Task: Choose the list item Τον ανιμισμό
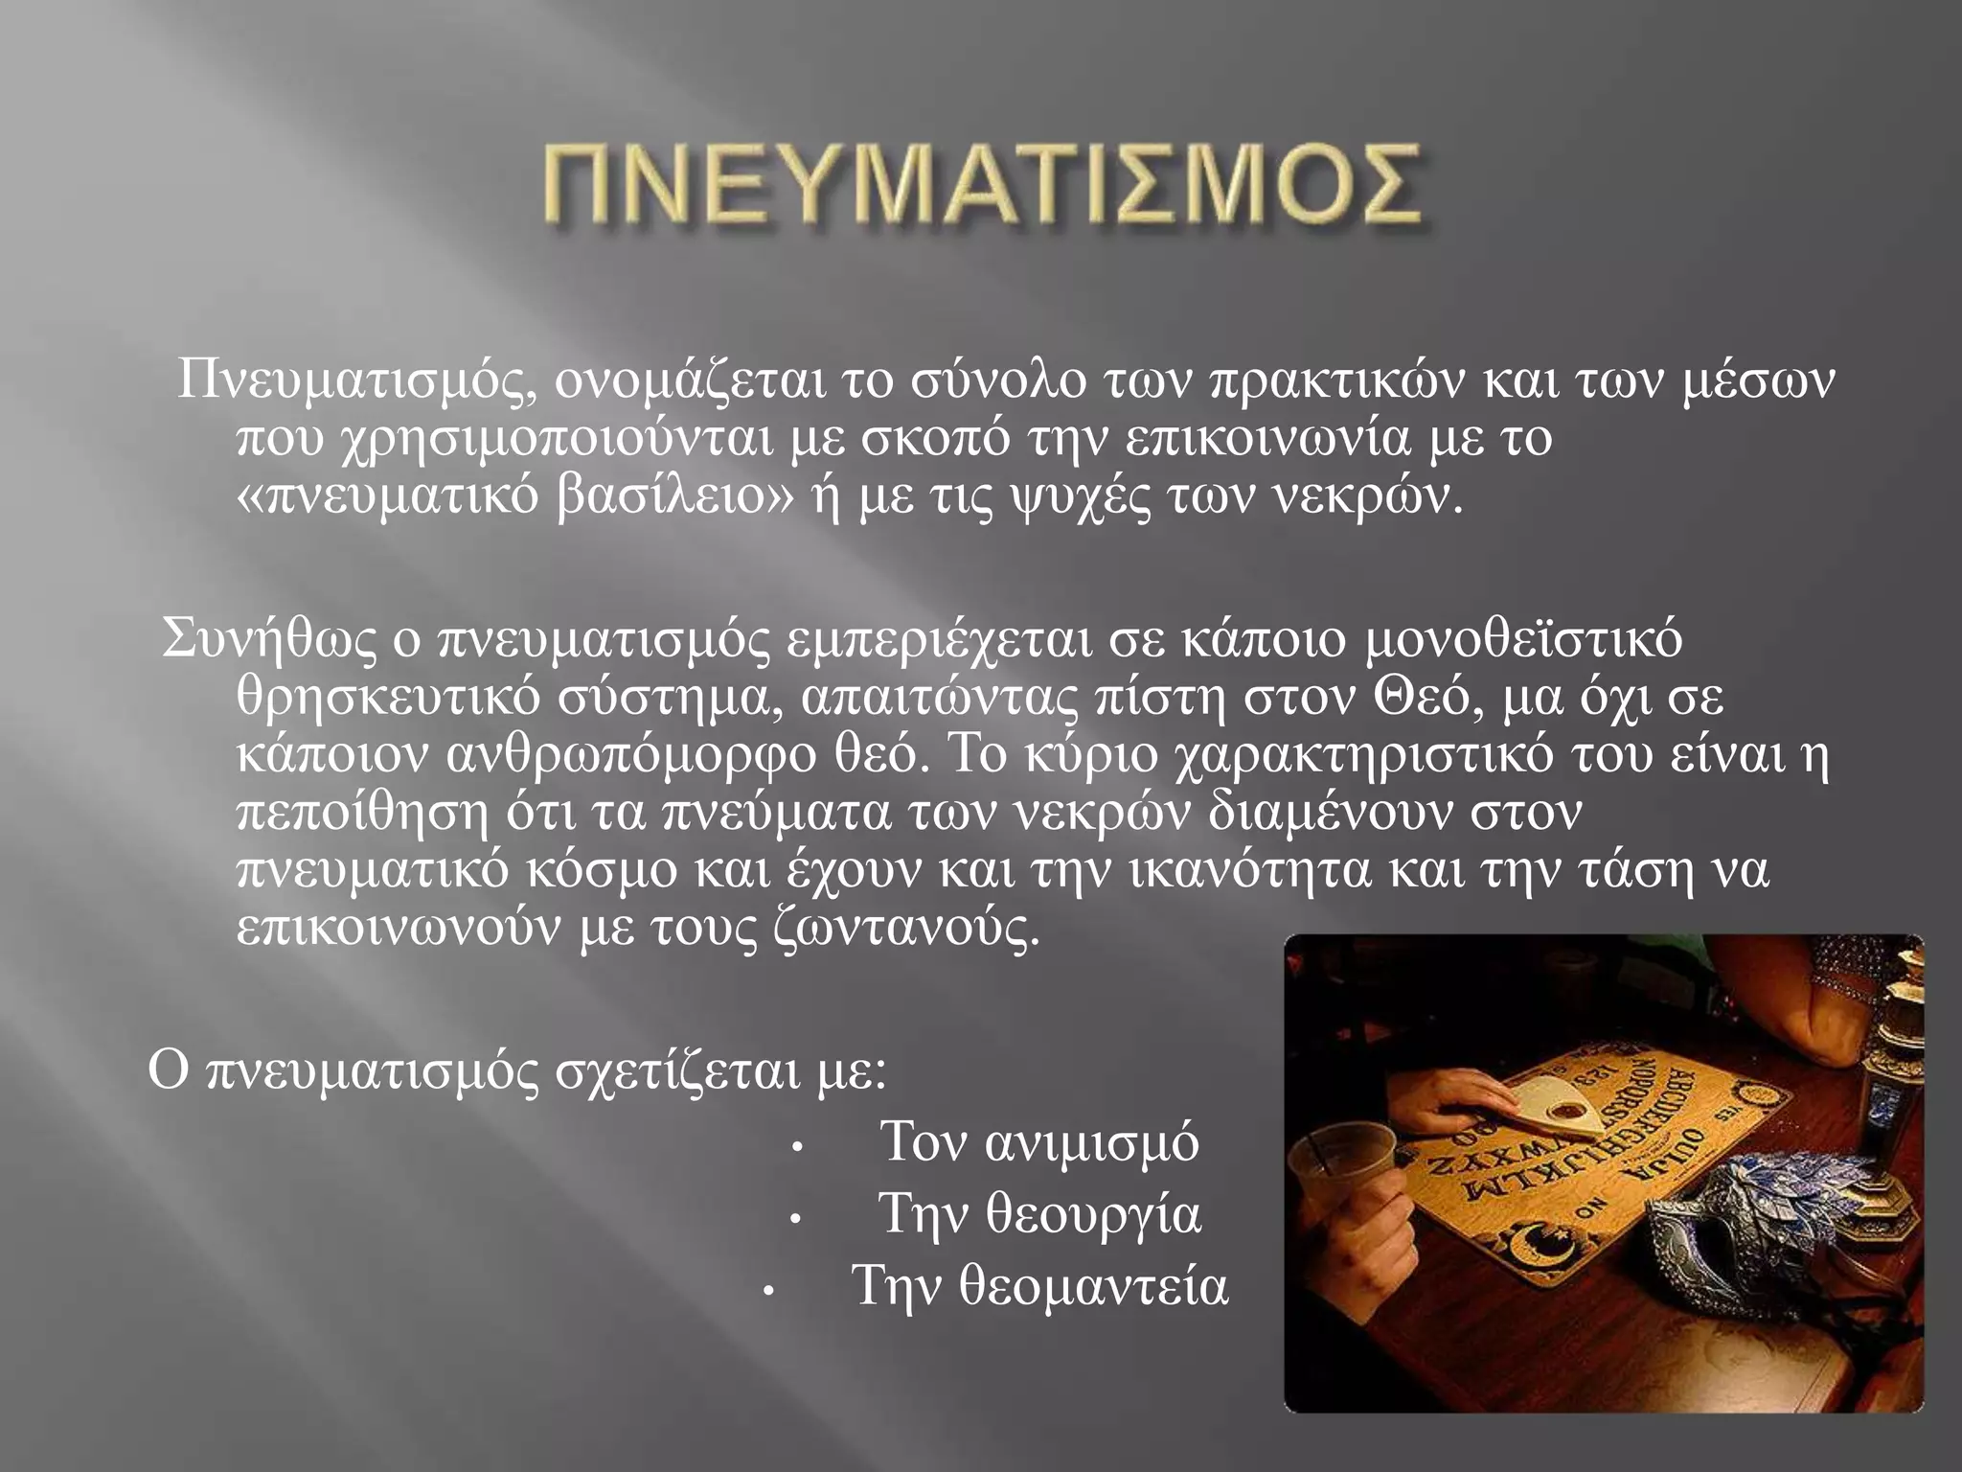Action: (x=1038, y=1142)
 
